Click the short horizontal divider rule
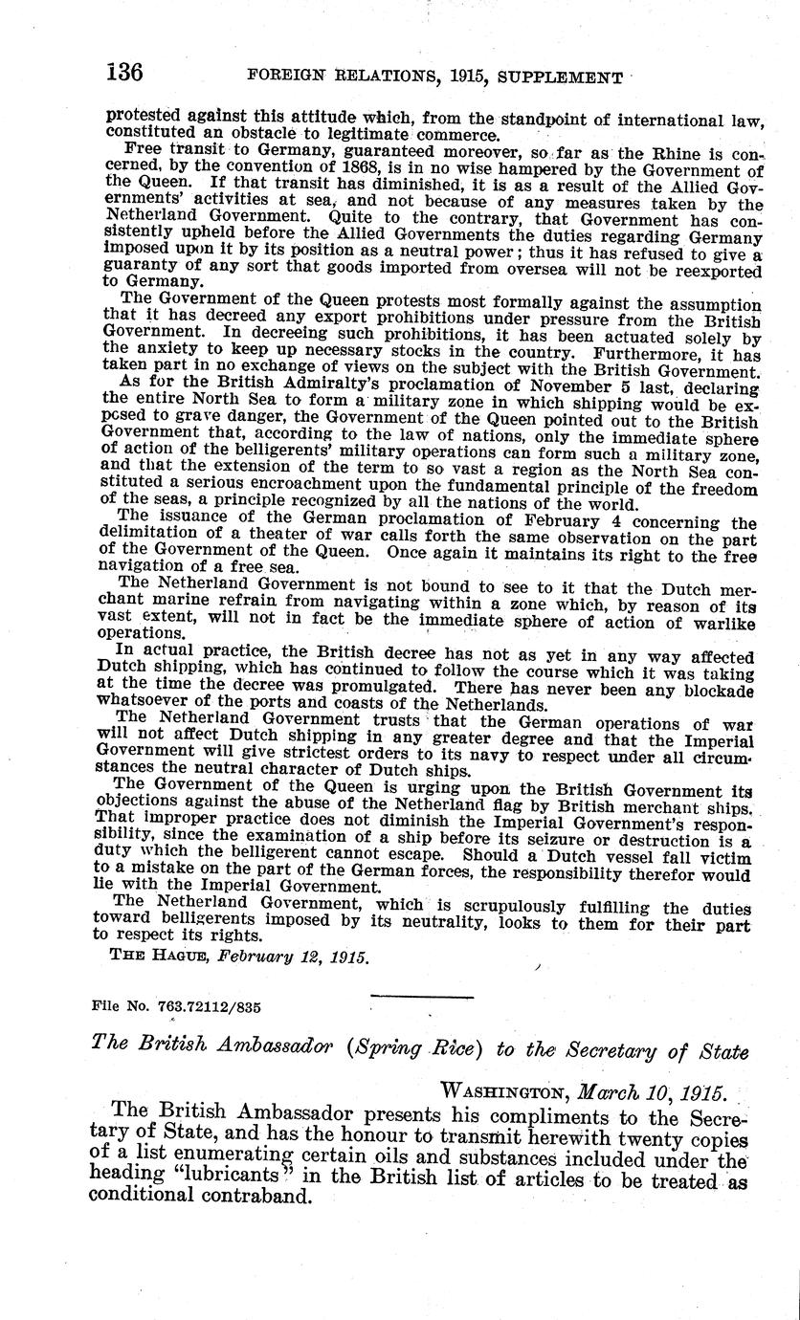coord(422,999)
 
